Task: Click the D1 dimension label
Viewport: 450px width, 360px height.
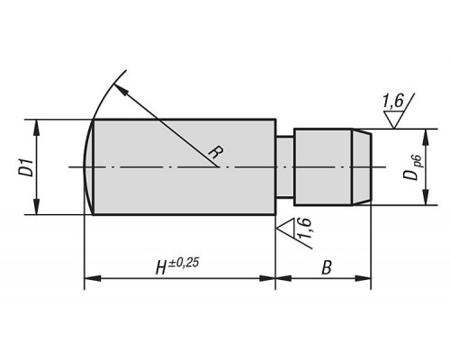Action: (28, 167)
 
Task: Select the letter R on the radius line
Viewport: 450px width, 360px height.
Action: (216, 152)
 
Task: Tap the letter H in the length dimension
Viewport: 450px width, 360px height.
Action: (162, 267)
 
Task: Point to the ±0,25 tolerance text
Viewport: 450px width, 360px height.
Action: (184, 263)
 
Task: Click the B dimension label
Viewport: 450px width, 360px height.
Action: (327, 267)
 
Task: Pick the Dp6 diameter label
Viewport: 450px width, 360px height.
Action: (414, 168)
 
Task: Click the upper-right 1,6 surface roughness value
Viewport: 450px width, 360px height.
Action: (393, 101)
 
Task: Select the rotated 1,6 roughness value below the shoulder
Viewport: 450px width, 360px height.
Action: (304, 229)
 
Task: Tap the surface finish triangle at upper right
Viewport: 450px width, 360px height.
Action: (394, 120)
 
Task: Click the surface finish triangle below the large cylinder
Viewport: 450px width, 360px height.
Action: (285, 227)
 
